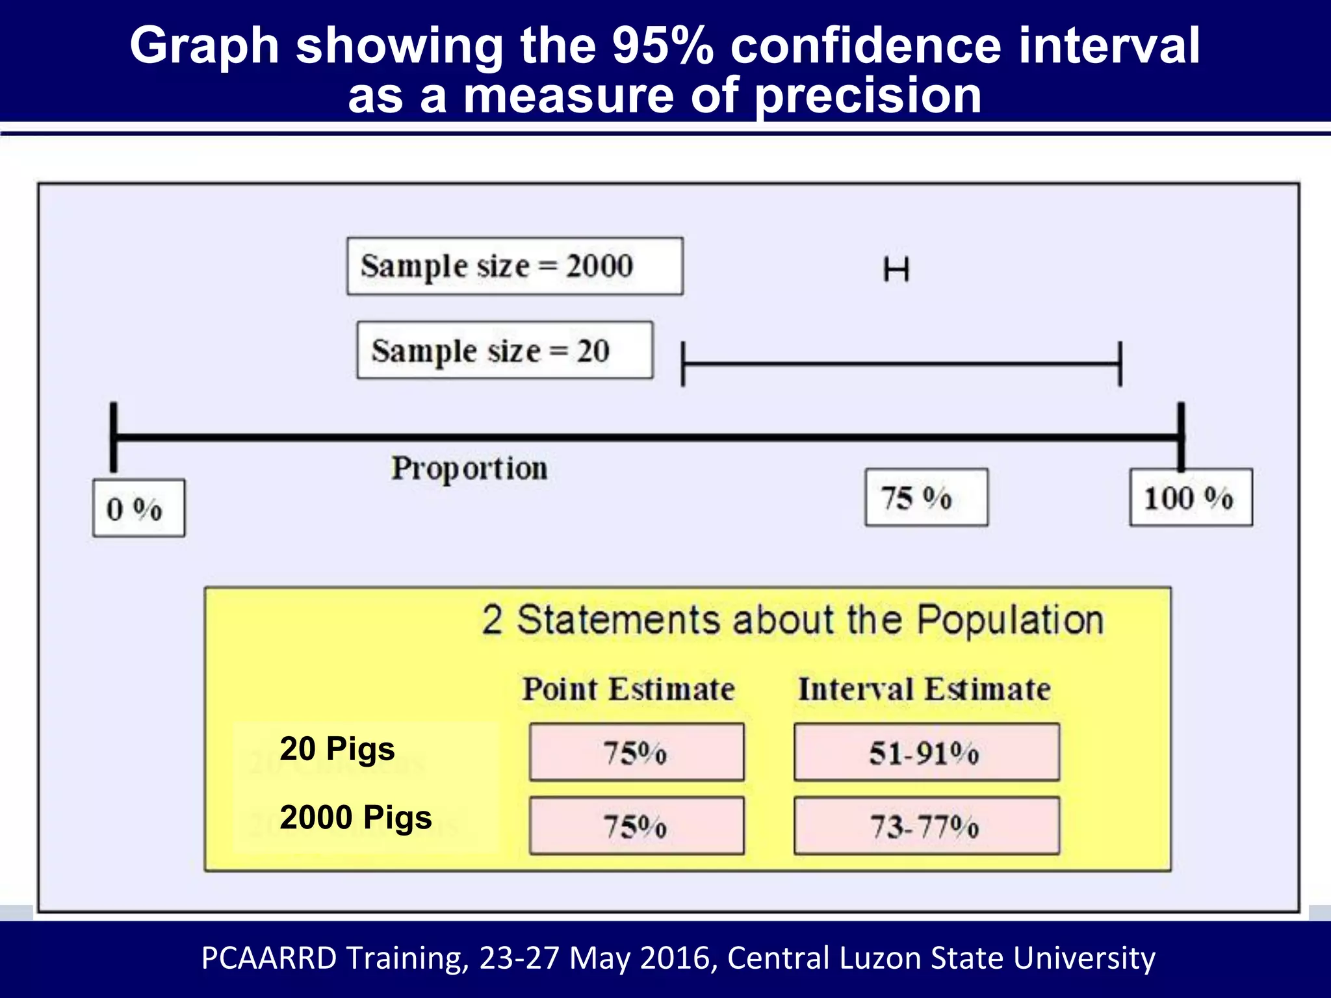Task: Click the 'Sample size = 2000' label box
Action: tap(514, 266)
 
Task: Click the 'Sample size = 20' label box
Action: tap(504, 350)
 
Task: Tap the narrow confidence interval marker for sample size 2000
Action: tap(896, 269)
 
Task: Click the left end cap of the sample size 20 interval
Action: tap(682, 365)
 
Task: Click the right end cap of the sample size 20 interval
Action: tap(1120, 365)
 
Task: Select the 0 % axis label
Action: tap(138, 508)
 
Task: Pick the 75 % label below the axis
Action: tap(926, 497)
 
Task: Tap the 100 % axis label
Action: tap(1191, 497)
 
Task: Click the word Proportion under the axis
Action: tap(469, 468)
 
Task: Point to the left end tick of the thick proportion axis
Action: tap(114, 437)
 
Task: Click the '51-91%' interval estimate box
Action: tap(926, 752)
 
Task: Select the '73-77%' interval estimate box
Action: tap(926, 826)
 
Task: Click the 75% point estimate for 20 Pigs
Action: tap(636, 752)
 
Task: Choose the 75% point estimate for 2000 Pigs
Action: tap(636, 826)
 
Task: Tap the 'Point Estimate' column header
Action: tap(628, 689)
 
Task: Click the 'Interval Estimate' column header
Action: tap(924, 689)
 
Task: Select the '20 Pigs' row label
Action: tap(337, 748)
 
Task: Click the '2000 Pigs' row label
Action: tap(355, 817)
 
